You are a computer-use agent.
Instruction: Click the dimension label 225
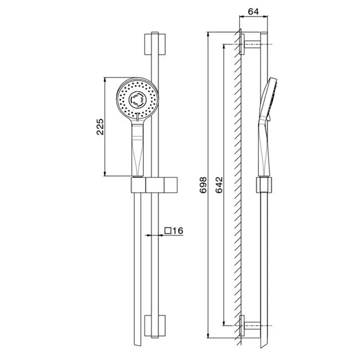100,127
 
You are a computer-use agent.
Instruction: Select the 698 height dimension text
203,185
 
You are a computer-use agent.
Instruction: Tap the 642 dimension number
219,185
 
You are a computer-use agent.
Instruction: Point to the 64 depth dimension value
254,11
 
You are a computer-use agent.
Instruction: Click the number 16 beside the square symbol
178,230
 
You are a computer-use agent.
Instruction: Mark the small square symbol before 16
168,230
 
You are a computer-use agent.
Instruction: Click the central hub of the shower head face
137,99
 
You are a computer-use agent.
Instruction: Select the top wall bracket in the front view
155,44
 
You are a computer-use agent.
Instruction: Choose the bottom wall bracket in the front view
155,326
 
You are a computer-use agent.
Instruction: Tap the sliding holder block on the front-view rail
154,185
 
